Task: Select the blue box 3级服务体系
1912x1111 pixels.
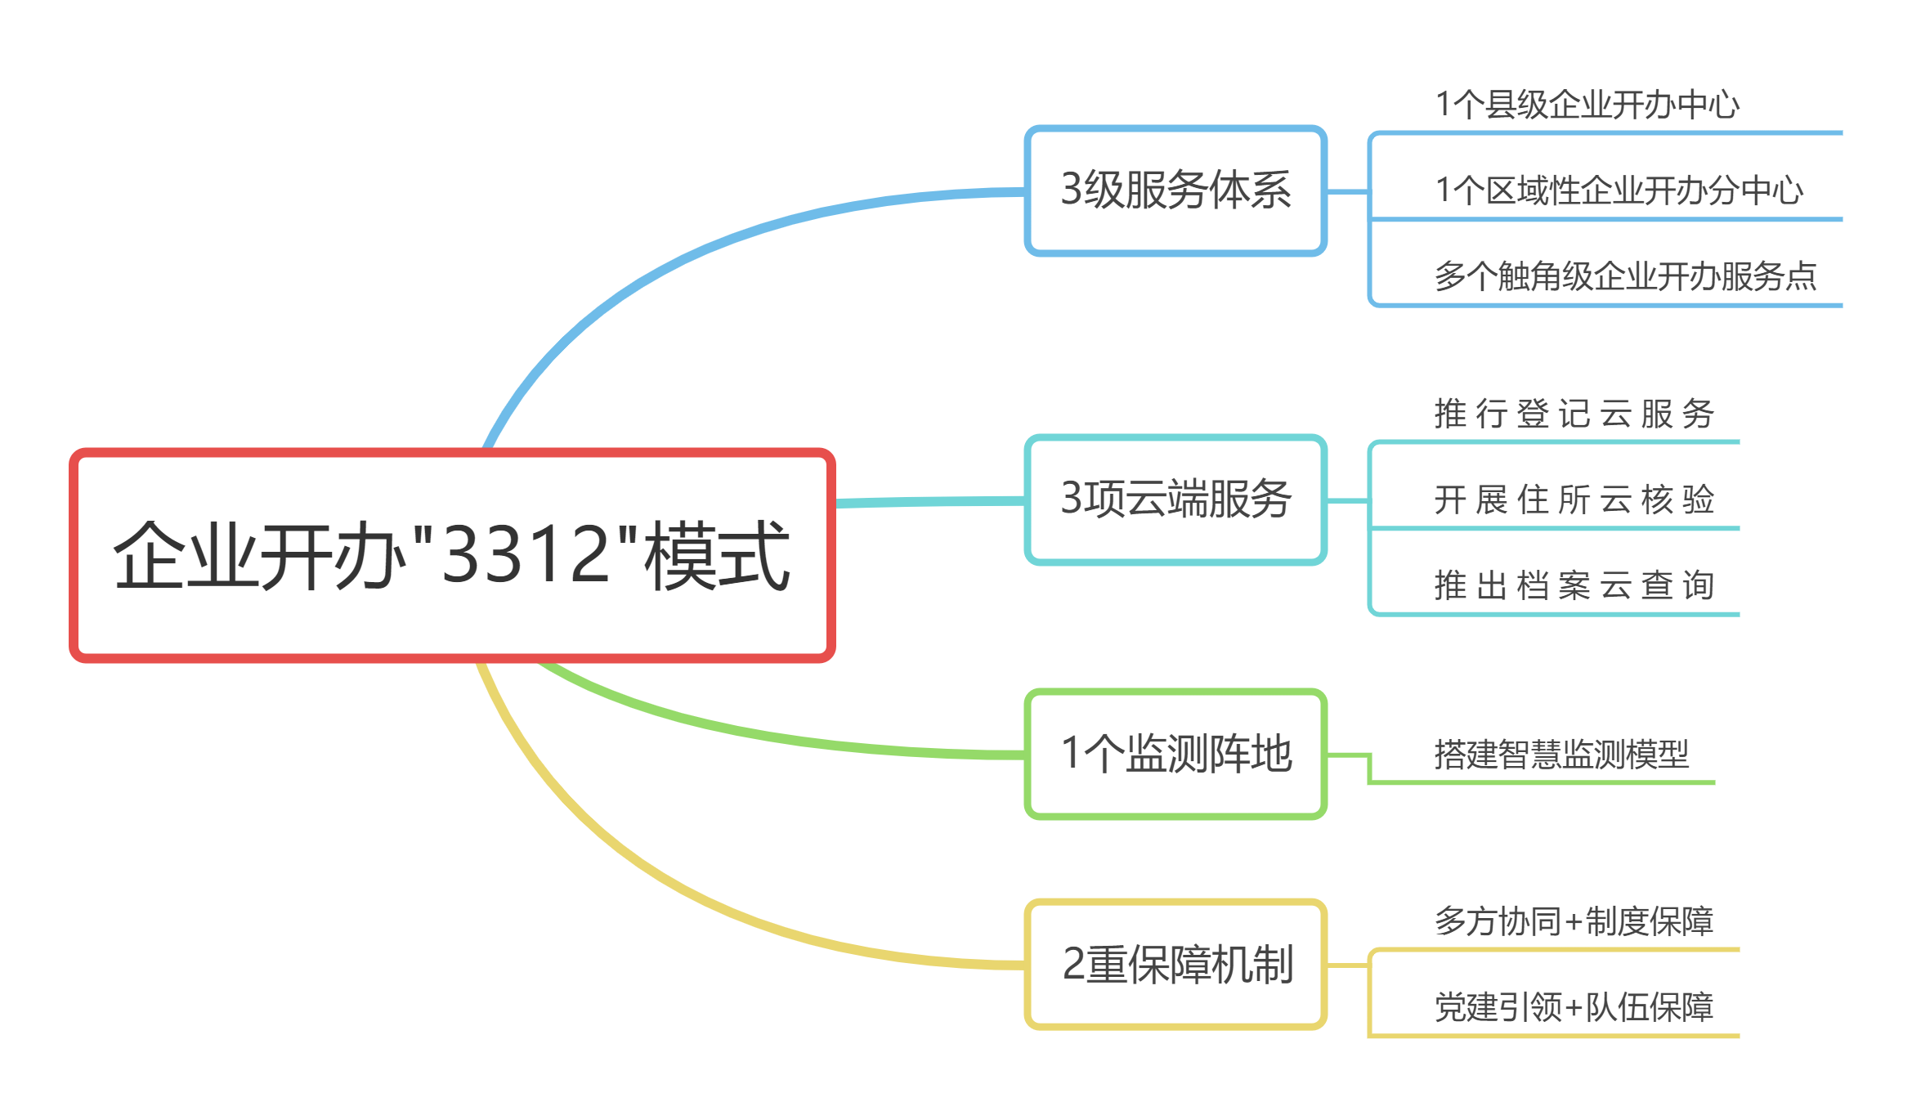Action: click(x=1175, y=190)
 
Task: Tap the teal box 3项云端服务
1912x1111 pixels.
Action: click(x=1175, y=499)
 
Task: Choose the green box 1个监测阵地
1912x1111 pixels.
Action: click(x=1175, y=754)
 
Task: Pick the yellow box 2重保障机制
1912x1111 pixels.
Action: click(x=1175, y=964)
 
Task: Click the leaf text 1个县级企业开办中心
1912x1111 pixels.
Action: click(x=1587, y=105)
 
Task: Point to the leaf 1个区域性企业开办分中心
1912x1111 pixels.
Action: click(x=1619, y=190)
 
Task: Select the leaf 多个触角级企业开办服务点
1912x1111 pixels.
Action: click(x=1625, y=276)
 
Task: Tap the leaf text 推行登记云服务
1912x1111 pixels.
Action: click(x=1574, y=414)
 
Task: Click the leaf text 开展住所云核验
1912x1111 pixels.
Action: click(x=1574, y=500)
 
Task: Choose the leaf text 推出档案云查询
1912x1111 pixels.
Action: click(x=1574, y=585)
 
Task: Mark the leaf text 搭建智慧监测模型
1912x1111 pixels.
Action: click(x=1561, y=754)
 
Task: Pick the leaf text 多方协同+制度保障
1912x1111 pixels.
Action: click(x=1574, y=921)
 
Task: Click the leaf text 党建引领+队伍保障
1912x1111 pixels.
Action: click(x=1574, y=1007)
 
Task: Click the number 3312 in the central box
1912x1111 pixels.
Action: click(x=526, y=556)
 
